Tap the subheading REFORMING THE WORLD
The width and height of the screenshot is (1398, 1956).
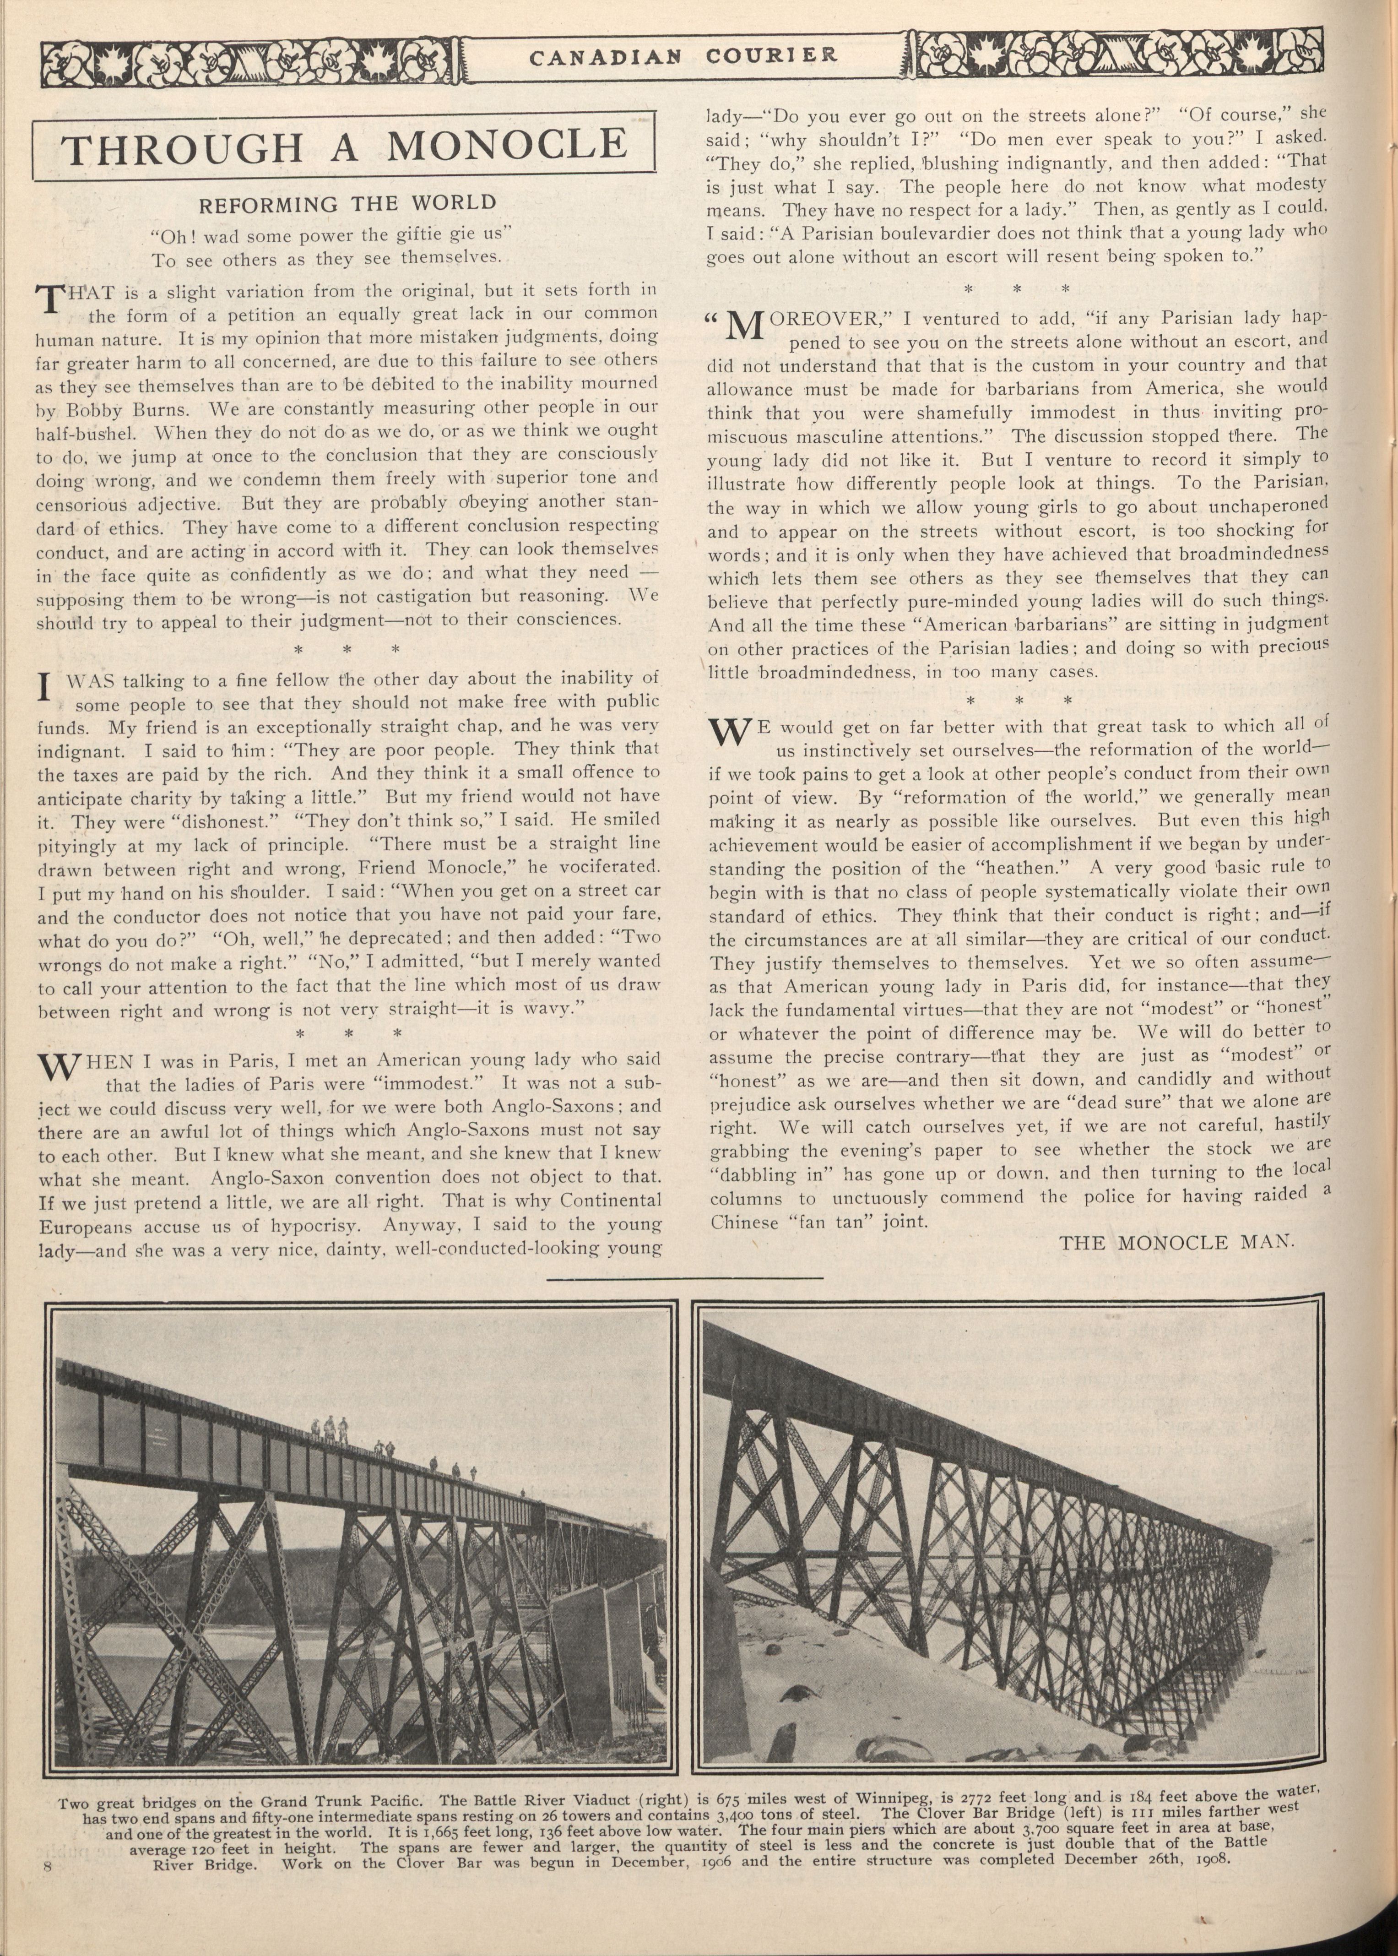click(348, 204)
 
